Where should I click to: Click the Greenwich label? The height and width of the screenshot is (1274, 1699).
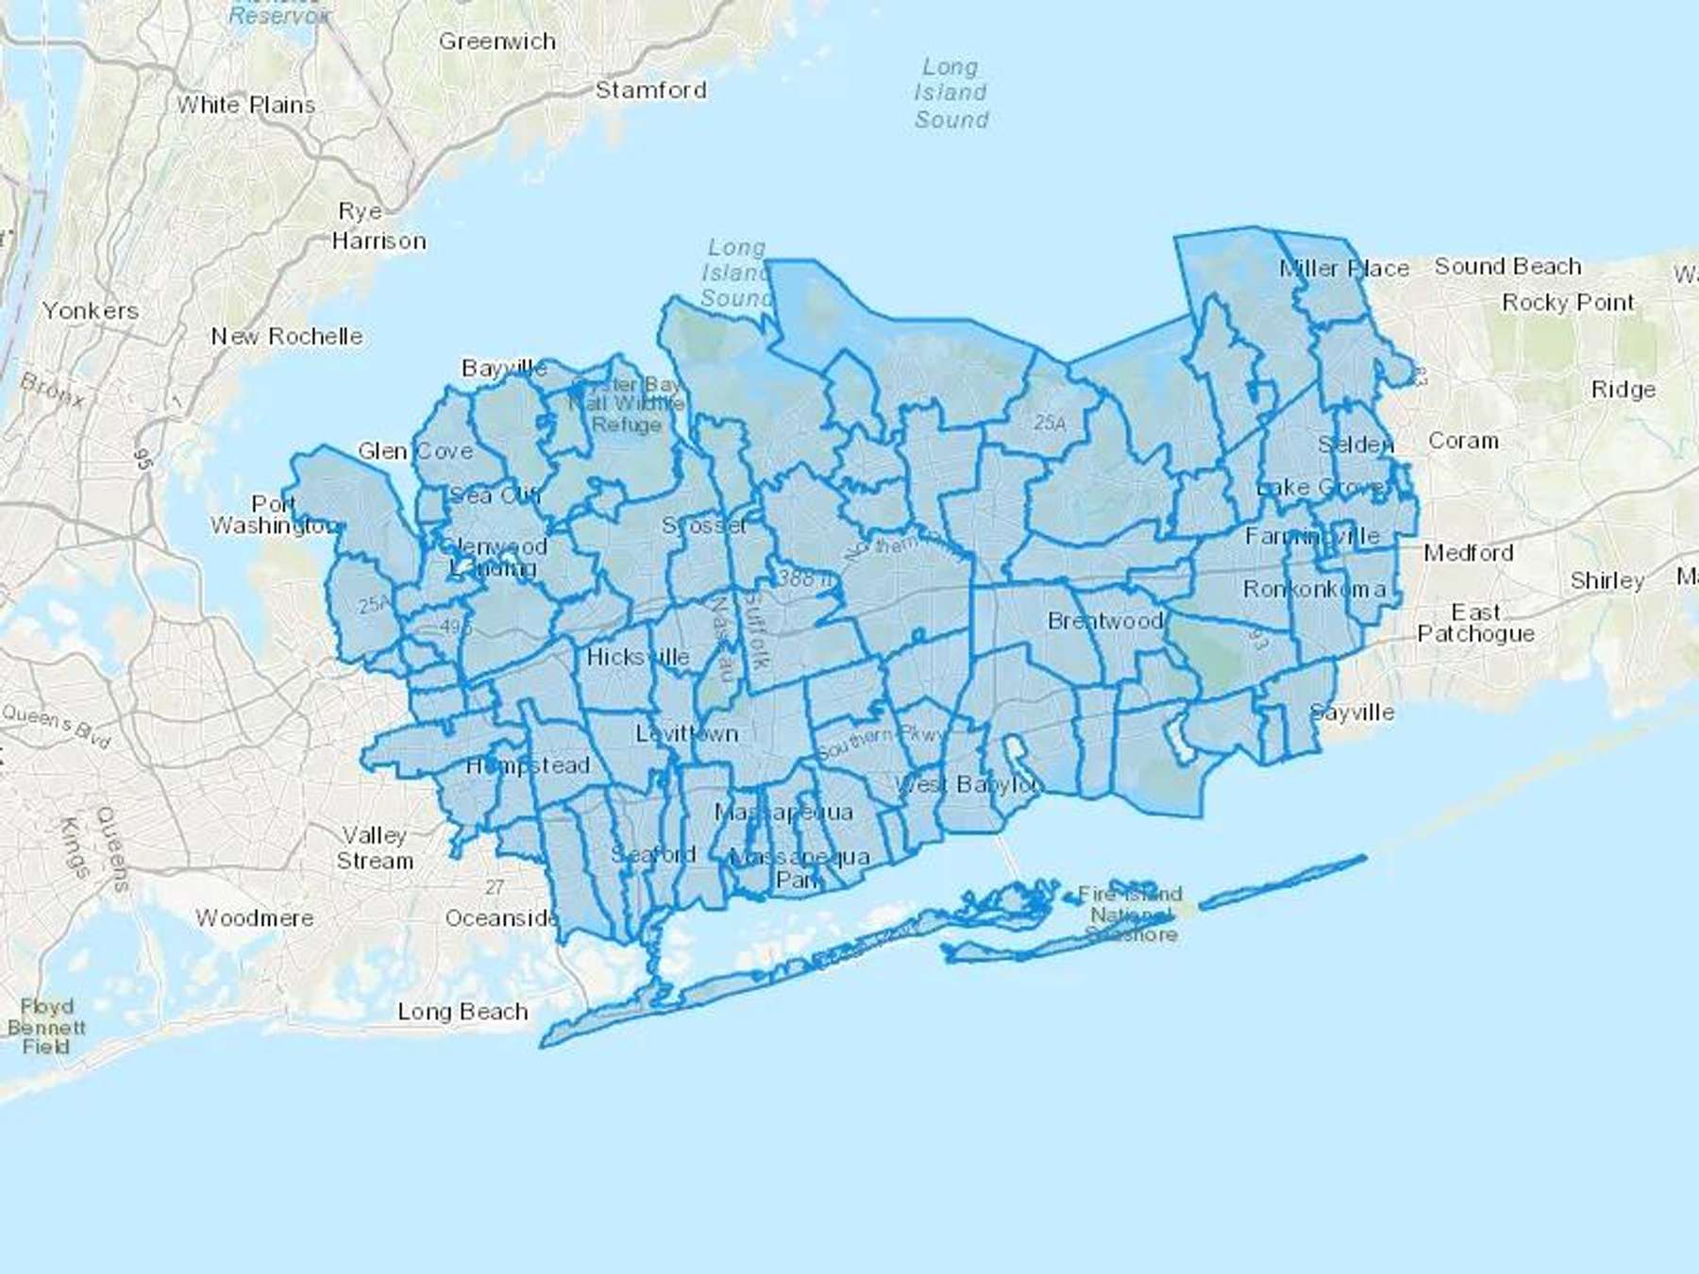coord(497,42)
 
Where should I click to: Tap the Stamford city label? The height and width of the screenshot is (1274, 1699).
coord(650,91)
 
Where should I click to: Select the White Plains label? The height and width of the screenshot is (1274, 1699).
coord(246,105)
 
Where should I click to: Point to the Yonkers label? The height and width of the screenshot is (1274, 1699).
coord(91,310)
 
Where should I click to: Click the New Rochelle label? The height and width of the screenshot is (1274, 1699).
coord(287,336)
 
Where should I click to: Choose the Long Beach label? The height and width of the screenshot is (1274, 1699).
coord(463,1012)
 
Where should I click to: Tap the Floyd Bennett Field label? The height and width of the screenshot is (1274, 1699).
coord(46,1027)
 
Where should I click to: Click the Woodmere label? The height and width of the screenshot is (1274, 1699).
coord(255,917)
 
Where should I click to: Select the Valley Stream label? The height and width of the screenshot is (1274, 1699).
coord(375,847)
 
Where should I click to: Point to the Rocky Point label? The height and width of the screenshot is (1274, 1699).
coord(1568,303)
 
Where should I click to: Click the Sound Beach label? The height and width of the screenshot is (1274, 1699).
coord(1507,267)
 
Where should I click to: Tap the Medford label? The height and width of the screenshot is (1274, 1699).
coord(1468,552)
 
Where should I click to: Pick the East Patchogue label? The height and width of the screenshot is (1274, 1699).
coord(1475,623)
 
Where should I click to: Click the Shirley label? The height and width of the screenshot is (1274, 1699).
coord(1606,580)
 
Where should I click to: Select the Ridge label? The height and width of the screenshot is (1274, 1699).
coord(1623,389)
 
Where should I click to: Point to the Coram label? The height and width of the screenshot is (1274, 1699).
coord(1463,441)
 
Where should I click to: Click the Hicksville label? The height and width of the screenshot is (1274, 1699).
coord(638,657)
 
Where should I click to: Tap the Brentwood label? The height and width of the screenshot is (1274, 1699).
coord(1105,621)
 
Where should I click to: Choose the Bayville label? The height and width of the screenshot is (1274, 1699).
coord(504,368)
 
